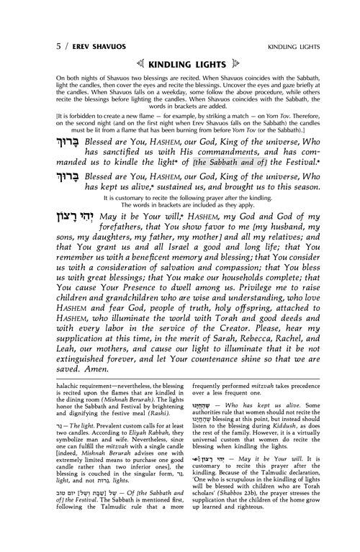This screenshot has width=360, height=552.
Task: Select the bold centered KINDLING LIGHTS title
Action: pyautogui.click(x=179, y=34)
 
